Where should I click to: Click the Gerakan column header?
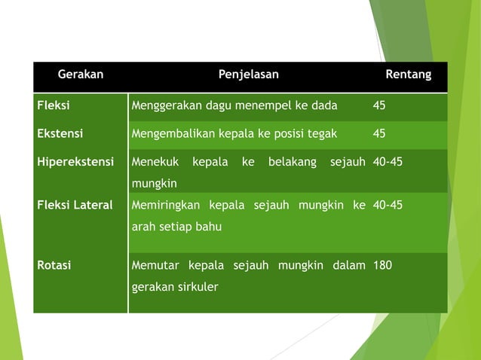click(x=81, y=75)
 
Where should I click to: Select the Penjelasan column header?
click(x=249, y=75)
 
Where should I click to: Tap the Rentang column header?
click(x=408, y=75)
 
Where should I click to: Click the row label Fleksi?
click(x=54, y=105)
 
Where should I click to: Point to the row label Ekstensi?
click(x=60, y=133)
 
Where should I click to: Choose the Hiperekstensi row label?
click(x=75, y=161)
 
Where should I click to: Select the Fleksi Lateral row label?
click(x=75, y=205)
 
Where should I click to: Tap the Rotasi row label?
click(x=55, y=265)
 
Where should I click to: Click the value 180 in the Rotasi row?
click(x=382, y=265)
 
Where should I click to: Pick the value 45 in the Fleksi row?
click(x=379, y=105)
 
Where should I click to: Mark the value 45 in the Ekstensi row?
click(x=379, y=133)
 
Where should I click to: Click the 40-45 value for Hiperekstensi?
click(x=388, y=161)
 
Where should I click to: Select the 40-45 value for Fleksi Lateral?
click(x=388, y=205)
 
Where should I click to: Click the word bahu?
click(x=210, y=226)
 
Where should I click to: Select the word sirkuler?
click(x=195, y=287)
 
